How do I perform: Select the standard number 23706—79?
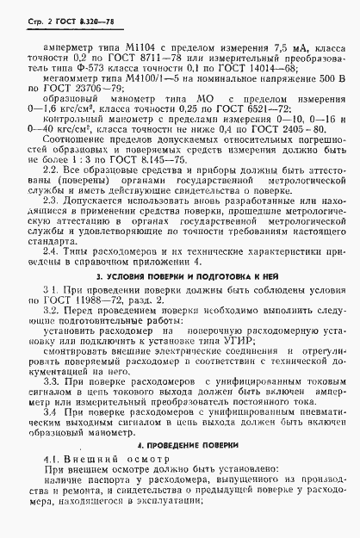(121, 97)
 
